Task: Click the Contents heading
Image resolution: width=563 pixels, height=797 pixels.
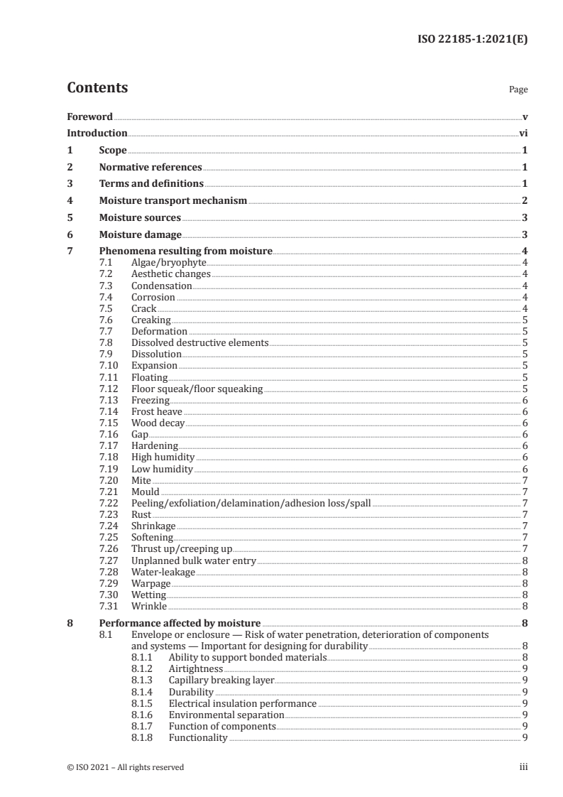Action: [x=97, y=88]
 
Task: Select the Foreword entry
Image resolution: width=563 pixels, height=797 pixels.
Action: [x=89, y=116]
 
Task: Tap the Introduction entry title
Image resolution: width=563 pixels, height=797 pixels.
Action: [x=97, y=133]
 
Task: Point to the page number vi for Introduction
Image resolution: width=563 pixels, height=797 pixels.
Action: [x=523, y=133]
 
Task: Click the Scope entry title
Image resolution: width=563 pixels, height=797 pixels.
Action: [x=113, y=150]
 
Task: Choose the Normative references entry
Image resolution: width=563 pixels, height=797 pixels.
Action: [x=151, y=167]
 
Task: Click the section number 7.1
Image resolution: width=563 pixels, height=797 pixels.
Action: [x=106, y=263]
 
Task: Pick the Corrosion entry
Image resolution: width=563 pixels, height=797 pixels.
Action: [x=153, y=297]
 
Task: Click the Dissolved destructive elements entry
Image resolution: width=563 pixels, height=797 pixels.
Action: [x=199, y=342]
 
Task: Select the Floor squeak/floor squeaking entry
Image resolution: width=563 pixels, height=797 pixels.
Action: [x=197, y=389]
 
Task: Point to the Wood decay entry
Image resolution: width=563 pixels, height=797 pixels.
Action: [x=158, y=423]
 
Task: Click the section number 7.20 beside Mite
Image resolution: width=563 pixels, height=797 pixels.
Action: [x=109, y=480]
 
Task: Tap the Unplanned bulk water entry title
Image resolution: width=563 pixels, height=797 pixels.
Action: [x=193, y=560]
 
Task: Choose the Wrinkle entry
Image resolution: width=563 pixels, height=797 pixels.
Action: [x=149, y=606]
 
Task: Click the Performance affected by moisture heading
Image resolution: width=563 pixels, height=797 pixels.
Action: [x=180, y=623]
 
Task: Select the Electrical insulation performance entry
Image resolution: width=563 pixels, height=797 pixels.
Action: [x=242, y=703]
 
